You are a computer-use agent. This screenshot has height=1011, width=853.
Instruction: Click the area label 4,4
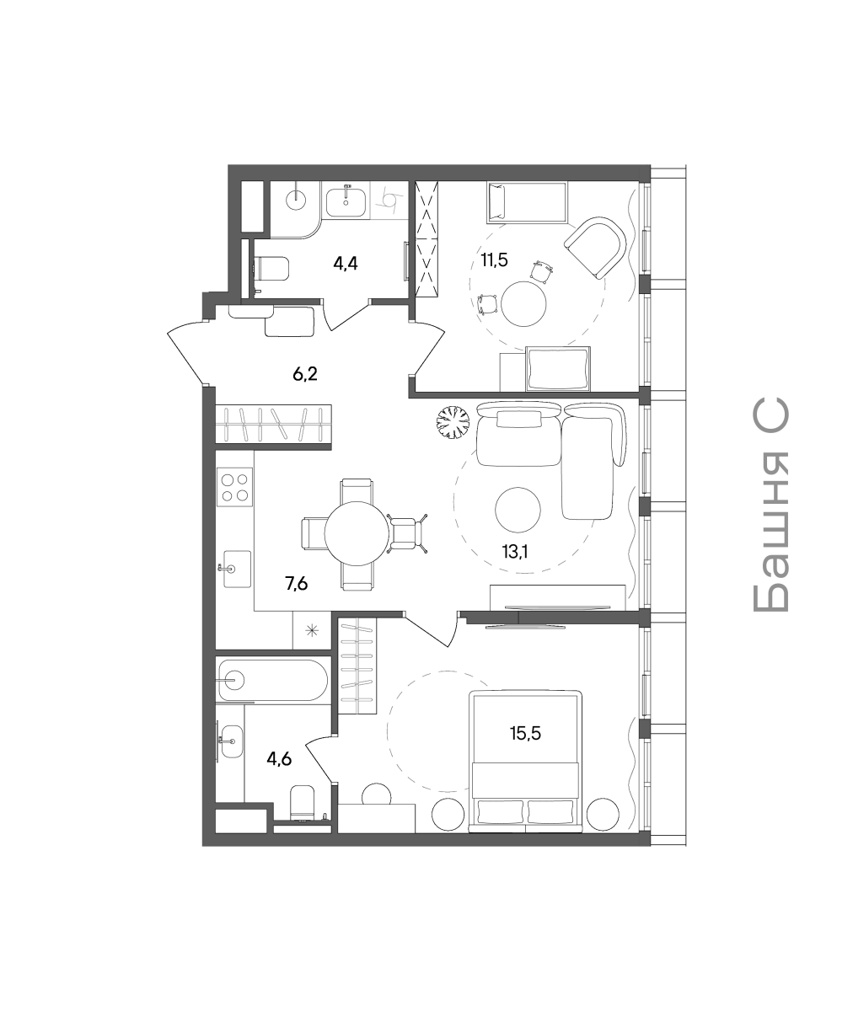(346, 264)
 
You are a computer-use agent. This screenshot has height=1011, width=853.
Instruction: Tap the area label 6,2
(304, 374)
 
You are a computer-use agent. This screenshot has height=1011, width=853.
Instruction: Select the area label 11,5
(494, 260)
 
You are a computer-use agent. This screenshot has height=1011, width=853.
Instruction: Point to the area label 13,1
(515, 551)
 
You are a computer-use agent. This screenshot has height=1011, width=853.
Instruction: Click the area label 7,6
(297, 584)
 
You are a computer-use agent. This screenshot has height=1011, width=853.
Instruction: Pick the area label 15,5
(525, 734)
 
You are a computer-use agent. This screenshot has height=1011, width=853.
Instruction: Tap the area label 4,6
(279, 759)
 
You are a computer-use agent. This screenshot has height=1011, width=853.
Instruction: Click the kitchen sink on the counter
(237, 569)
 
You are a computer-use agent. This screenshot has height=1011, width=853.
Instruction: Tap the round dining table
(357, 533)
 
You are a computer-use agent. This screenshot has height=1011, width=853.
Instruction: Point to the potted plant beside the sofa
(453, 422)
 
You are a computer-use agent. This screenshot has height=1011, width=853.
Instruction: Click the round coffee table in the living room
(518, 510)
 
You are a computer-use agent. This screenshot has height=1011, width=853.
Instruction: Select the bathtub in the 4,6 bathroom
(273, 680)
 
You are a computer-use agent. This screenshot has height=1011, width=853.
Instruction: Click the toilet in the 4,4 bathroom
(271, 269)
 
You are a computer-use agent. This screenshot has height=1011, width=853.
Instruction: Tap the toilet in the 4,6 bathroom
(303, 803)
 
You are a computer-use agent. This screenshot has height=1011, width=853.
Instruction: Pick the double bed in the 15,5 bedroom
(526, 761)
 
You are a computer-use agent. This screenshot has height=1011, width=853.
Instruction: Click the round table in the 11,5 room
(523, 304)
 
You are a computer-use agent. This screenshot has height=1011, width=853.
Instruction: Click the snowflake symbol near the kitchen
(313, 630)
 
